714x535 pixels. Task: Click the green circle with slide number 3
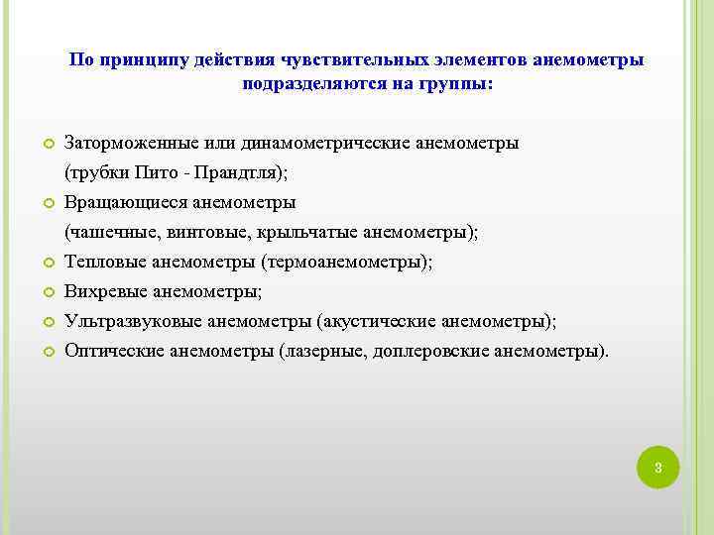657,467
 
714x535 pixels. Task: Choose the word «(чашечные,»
107,233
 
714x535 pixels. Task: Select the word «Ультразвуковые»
125,322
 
